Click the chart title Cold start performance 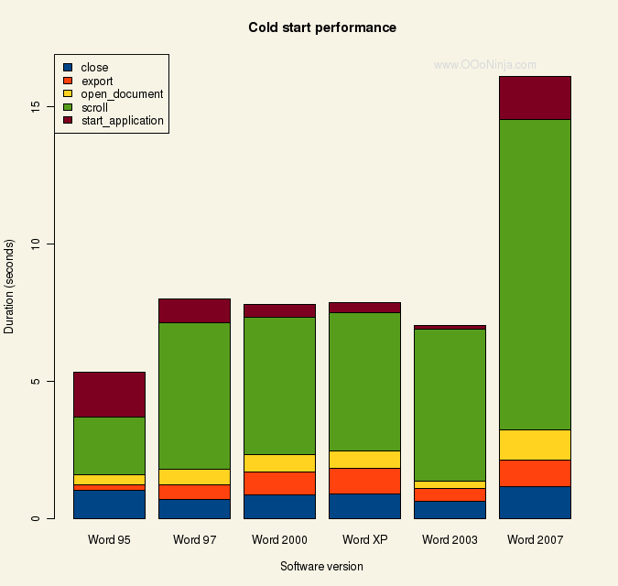pos(322,27)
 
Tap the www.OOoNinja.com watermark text pos(484,65)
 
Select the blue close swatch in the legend pos(67,68)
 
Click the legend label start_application pos(122,120)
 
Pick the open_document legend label pos(122,93)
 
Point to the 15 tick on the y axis pos(36,106)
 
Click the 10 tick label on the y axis pos(36,244)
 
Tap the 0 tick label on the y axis pos(36,518)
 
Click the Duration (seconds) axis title pos(10,287)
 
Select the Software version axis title pos(321,566)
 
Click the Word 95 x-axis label pos(109,539)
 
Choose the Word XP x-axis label pos(364,539)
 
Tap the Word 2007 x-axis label pos(535,539)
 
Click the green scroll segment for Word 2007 pos(535,275)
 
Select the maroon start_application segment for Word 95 pos(109,394)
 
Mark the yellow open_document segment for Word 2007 pos(535,444)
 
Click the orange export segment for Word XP pos(364,481)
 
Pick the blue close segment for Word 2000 pos(279,506)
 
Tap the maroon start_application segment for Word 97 pos(194,310)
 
